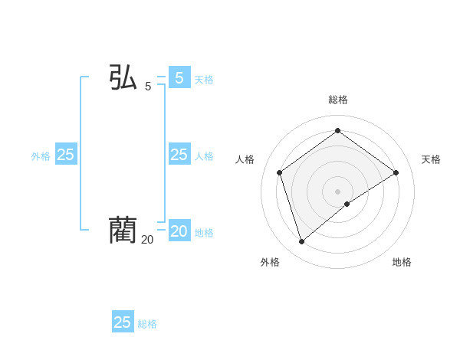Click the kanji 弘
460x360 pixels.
[123, 78]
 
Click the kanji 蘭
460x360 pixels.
[123, 230]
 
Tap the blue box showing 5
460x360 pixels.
[179, 78]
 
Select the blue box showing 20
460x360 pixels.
[179, 231]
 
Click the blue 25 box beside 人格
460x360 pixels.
[179, 155]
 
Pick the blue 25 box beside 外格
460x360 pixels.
[66, 155]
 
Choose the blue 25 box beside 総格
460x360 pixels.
[123, 322]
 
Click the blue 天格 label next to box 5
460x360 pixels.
[204, 80]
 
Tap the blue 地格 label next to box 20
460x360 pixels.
[204, 233]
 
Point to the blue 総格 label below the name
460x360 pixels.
[147, 324]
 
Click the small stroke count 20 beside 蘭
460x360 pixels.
[147, 240]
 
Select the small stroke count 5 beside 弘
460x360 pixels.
[148, 87]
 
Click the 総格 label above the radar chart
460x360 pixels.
[338, 100]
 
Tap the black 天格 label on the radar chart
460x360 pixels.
[431, 159]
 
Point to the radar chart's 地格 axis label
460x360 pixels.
[402, 262]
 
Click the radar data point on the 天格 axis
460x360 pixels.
[396, 172]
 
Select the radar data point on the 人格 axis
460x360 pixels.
[280, 172]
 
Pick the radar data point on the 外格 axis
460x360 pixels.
[302, 242]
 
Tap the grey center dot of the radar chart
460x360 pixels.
[338, 191]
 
